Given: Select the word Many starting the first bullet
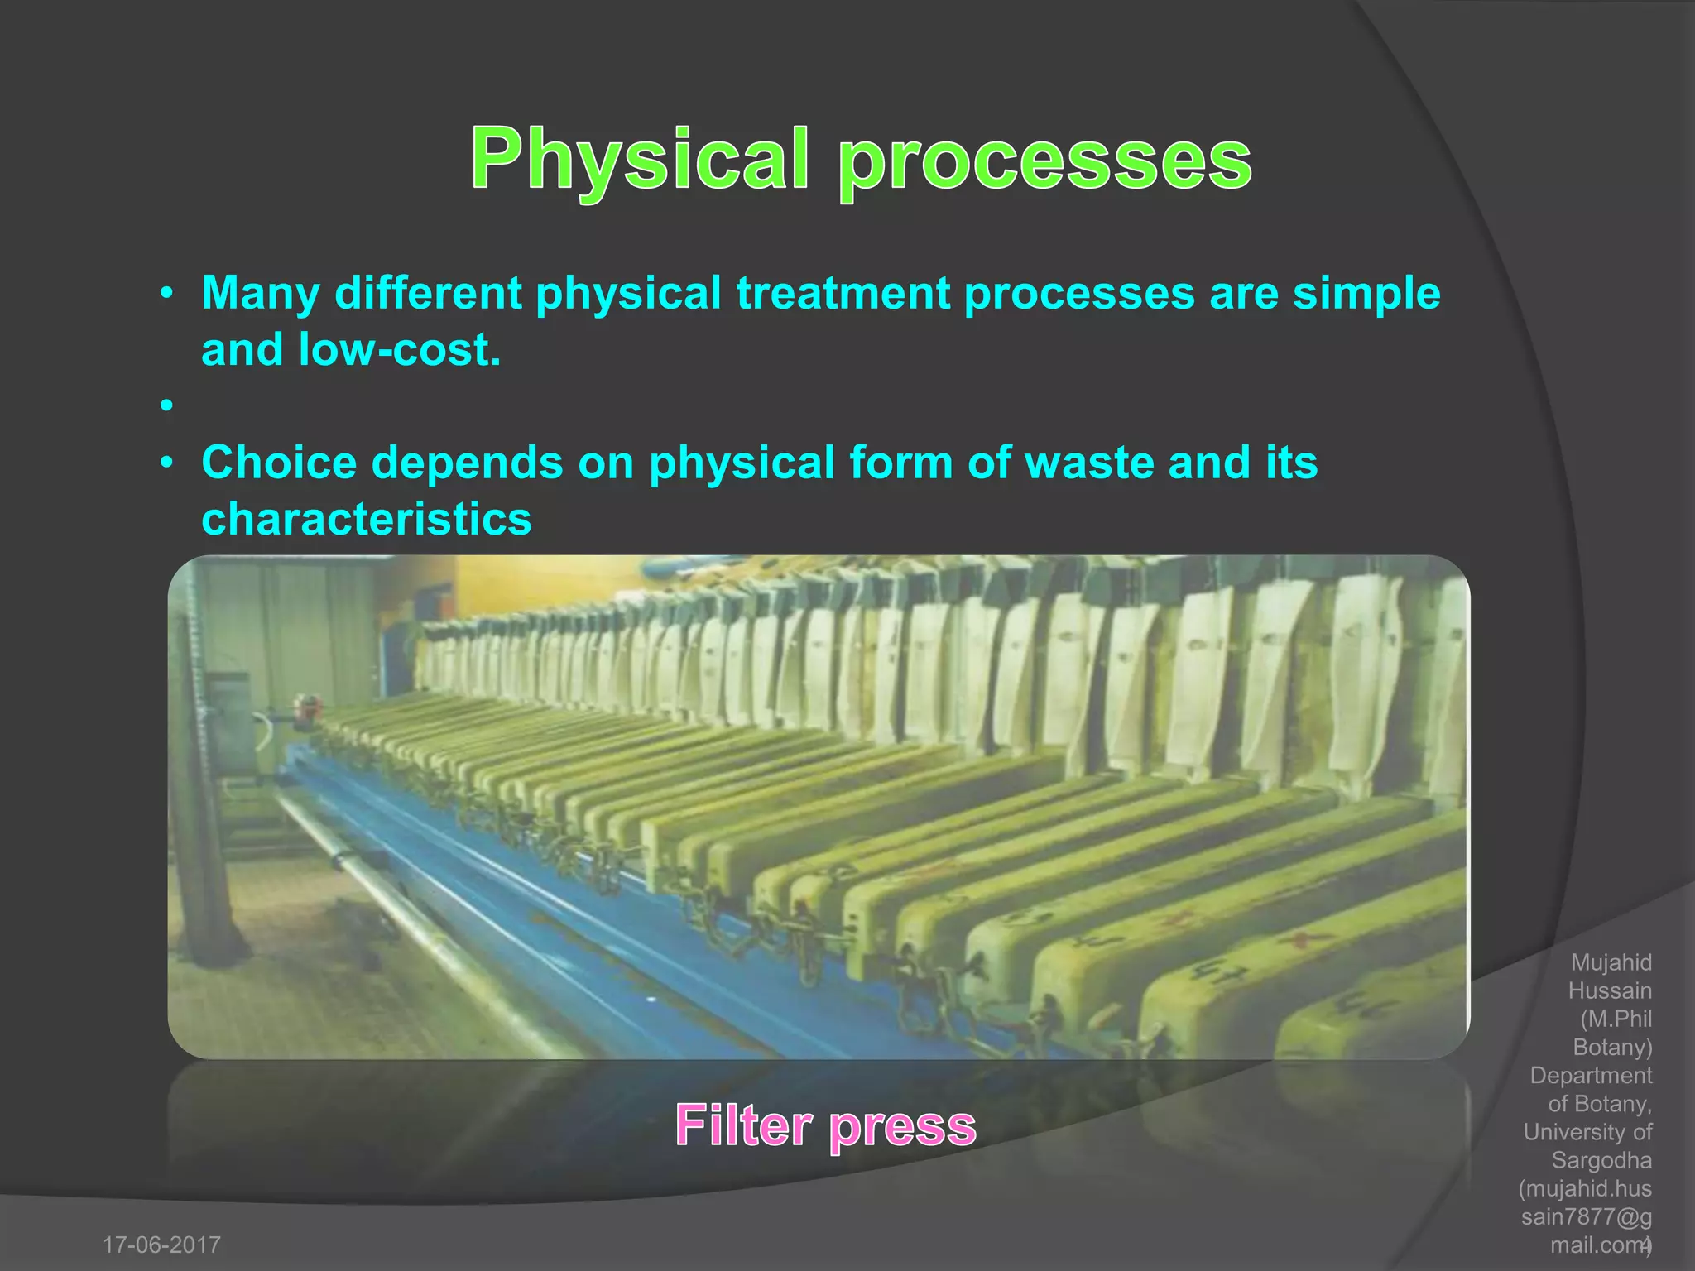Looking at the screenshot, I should [261, 293].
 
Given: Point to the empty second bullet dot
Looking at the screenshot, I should [167, 405].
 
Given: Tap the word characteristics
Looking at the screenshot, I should [366, 519].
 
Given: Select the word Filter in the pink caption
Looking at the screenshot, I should [743, 1125].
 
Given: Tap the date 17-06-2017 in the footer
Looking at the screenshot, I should [161, 1245].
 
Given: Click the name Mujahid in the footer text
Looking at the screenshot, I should [1611, 962].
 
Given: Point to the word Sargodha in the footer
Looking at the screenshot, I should [1601, 1160].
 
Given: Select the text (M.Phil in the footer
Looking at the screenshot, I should [1616, 1019].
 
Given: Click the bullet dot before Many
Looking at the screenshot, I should [167, 294].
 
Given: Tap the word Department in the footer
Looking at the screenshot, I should [1590, 1075].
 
